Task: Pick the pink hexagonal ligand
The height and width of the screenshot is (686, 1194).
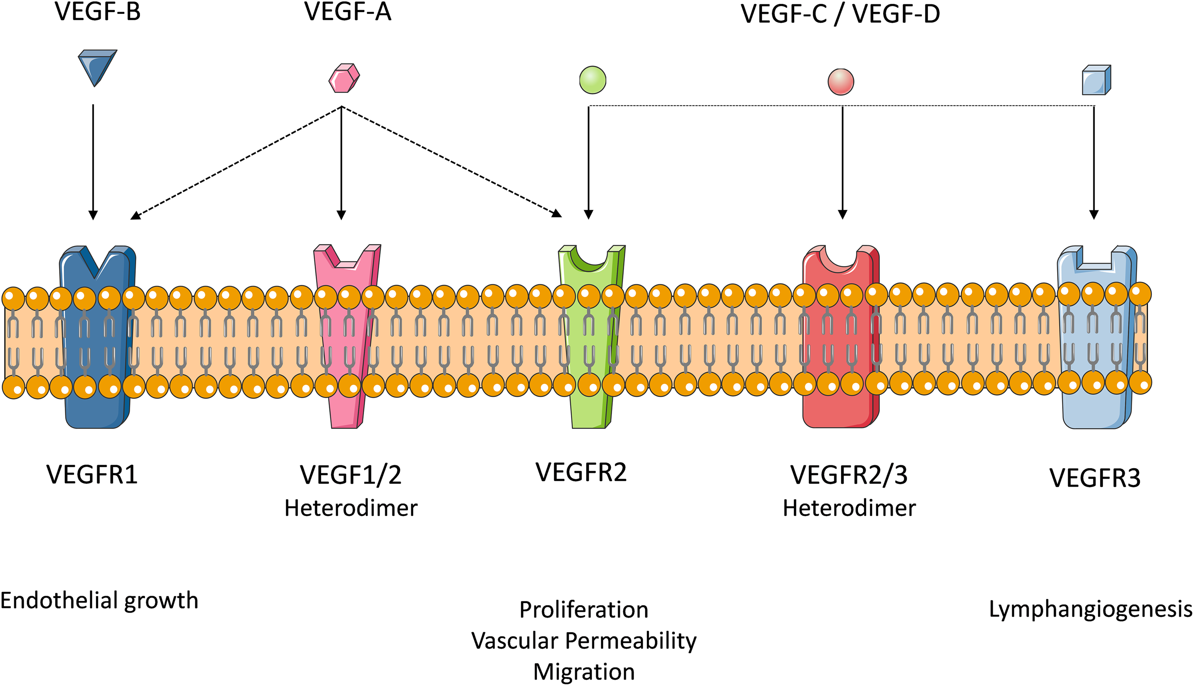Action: (x=344, y=78)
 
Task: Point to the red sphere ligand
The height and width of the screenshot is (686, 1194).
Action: (x=841, y=82)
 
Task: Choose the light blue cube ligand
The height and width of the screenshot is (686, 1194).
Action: (x=1097, y=80)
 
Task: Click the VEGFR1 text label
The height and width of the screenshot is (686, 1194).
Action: (x=92, y=474)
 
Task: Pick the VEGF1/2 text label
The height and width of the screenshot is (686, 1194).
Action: (x=351, y=475)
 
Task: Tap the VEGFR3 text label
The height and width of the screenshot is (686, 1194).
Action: (x=1095, y=478)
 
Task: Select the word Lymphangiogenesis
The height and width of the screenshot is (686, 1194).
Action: (x=1091, y=610)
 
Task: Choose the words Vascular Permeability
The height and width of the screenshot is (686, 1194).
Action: (x=584, y=641)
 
